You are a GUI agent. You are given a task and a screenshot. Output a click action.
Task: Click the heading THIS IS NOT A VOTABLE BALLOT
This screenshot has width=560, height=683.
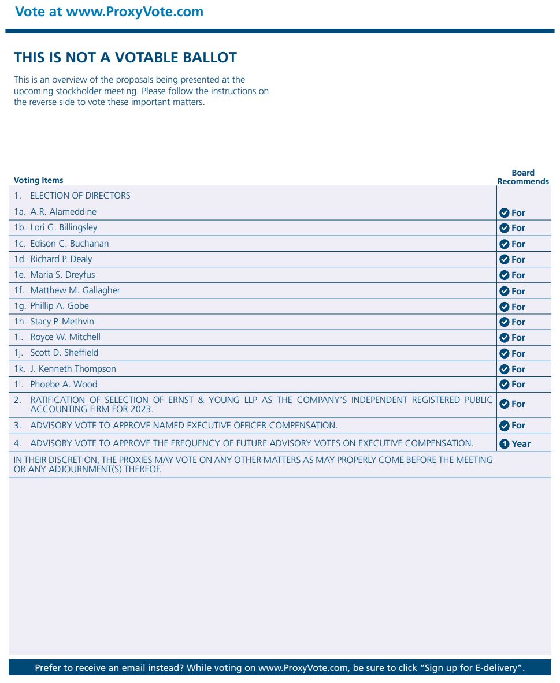(125, 58)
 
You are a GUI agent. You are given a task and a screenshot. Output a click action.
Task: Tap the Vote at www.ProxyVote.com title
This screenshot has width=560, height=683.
(109, 12)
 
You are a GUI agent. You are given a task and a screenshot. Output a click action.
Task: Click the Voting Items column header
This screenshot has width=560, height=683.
(39, 180)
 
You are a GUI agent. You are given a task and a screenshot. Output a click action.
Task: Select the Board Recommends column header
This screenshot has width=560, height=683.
(523, 177)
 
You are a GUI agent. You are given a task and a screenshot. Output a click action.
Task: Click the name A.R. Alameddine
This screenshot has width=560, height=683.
(63, 212)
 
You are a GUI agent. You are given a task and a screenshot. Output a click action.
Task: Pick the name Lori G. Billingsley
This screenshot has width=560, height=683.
(64, 227)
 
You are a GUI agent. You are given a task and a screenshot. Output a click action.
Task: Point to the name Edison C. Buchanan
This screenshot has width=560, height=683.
(69, 243)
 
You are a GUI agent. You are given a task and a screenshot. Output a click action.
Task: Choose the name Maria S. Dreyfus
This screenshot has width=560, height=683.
(62, 275)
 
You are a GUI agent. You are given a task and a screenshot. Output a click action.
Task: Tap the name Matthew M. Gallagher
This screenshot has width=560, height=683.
(75, 290)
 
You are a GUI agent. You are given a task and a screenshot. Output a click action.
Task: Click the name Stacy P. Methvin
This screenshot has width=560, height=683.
(62, 322)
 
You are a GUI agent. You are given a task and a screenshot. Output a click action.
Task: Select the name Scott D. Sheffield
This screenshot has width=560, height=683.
(64, 353)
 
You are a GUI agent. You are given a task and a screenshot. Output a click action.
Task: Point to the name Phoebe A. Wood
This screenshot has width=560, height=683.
(64, 384)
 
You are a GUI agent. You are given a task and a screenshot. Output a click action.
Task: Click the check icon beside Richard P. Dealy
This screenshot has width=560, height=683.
(504, 260)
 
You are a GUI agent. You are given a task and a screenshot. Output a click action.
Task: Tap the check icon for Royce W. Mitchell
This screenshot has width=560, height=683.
(504, 338)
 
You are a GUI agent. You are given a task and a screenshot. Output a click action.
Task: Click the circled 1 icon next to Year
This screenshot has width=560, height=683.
(504, 444)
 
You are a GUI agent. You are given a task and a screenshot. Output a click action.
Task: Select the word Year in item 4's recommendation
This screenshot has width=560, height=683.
(521, 444)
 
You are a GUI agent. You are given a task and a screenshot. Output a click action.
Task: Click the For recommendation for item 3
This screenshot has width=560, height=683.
(518, 426)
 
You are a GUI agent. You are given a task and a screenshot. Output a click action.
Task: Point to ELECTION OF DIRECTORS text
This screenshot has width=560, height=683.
(80, 196)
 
